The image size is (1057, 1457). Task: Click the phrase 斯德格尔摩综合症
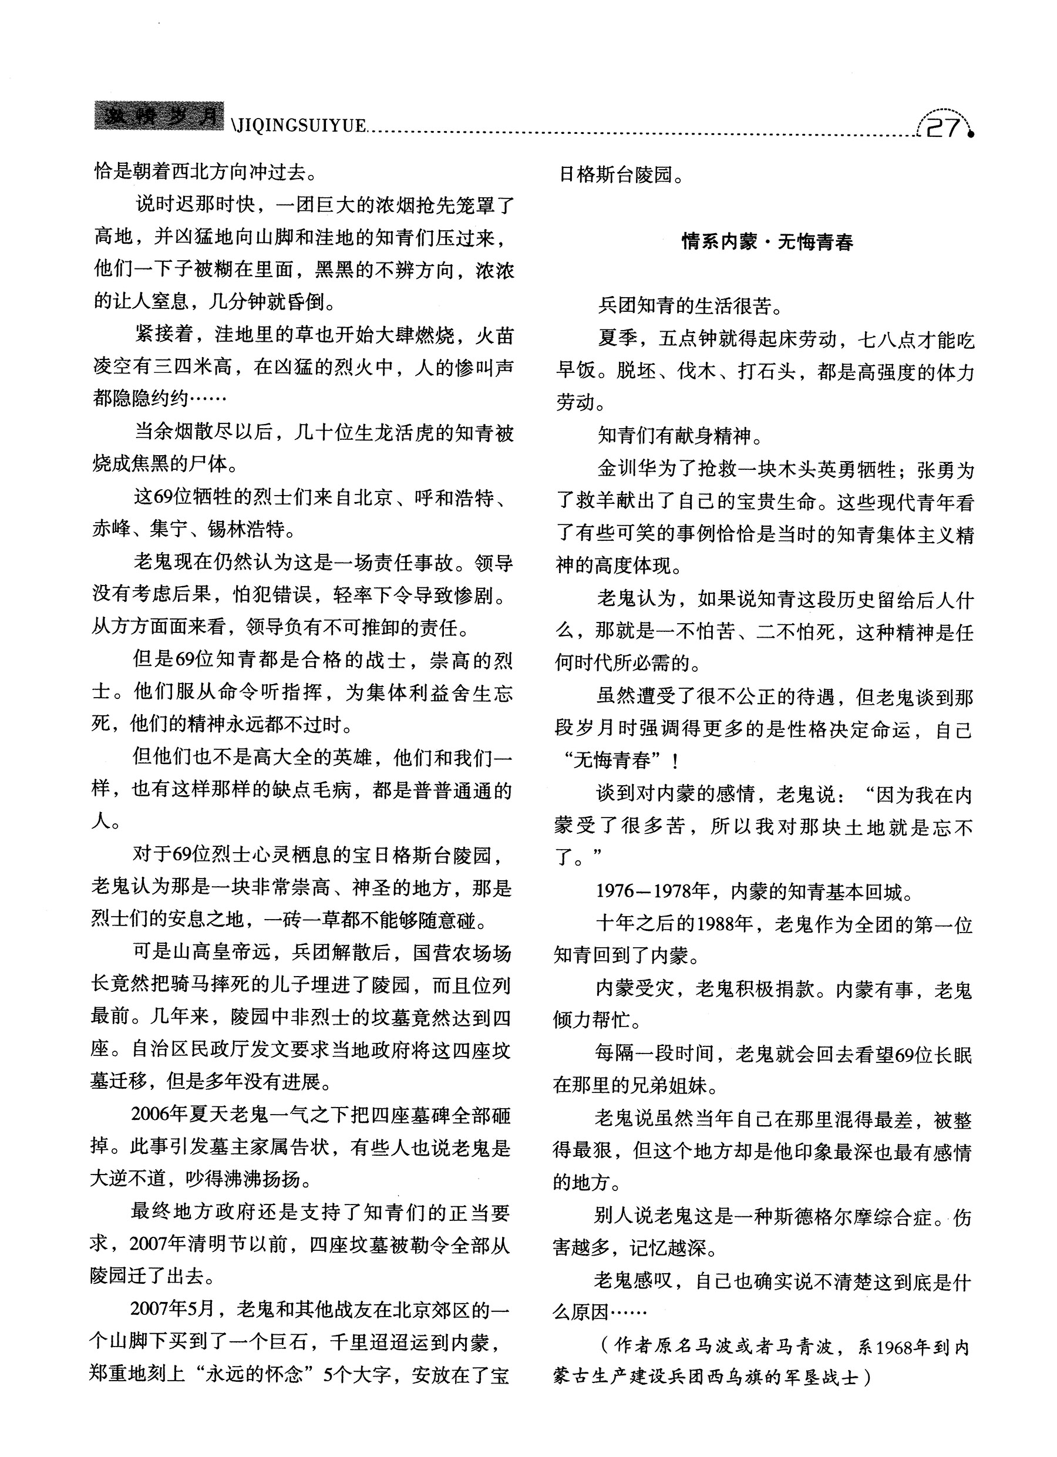pos(852,1217)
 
